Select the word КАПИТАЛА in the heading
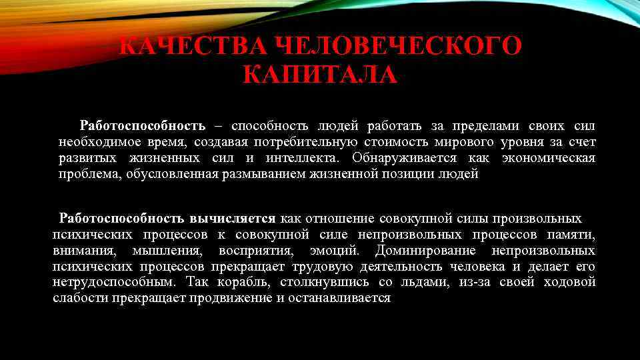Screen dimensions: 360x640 click(x=320, y=75)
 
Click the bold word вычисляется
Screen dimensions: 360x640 click(x=233, y=218)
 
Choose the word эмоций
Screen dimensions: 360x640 click(x=334, y=251)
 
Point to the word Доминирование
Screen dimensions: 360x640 click(x=426, y=251)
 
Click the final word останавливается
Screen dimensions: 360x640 click(x=341, y=298)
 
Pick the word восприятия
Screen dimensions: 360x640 click(x=255, y=251)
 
